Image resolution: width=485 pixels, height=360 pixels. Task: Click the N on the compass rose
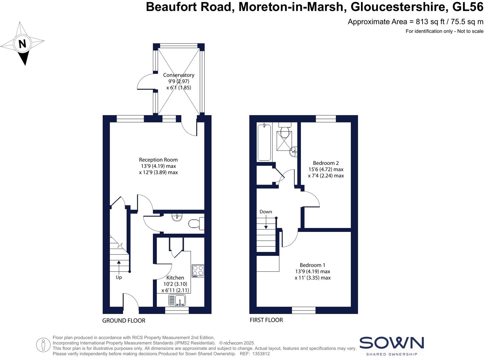coord(22,44)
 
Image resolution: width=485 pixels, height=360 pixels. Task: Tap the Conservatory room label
coord(179,75)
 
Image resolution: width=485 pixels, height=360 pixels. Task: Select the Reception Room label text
coord(158,160)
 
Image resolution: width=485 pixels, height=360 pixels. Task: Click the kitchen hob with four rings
coord(198,271)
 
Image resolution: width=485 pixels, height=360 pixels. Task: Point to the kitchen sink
coord(177,300)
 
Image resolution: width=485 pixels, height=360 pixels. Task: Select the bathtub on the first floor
coord(264,142)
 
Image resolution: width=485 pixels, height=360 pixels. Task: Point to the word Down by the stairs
coord(265,212)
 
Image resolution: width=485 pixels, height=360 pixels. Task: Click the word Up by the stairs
coord(119,277)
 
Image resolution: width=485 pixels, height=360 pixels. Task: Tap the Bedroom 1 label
coord(312,265)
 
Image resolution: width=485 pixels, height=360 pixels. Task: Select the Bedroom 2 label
coord(326,163)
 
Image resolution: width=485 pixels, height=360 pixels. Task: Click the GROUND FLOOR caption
coord(124,321)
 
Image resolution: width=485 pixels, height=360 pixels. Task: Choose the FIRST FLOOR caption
coord(266,320)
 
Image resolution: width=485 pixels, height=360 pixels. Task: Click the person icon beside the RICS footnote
coord(43,345)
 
